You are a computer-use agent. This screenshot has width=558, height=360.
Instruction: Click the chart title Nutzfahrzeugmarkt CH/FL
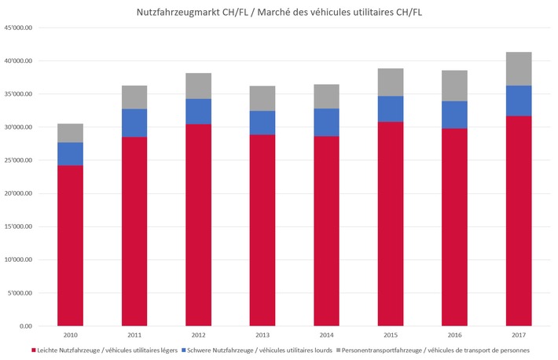280,11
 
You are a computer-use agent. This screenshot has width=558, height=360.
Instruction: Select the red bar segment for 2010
70,245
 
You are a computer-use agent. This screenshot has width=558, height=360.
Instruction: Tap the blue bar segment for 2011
134,123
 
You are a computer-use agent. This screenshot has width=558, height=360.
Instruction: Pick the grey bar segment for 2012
198,86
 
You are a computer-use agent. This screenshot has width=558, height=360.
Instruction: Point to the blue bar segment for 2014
326,122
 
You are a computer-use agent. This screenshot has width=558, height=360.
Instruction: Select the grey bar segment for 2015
391,82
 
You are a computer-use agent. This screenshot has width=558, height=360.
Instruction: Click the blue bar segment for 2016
454,115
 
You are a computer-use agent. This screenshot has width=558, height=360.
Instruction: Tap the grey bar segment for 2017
519,68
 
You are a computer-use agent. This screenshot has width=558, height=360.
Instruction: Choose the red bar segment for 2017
519,221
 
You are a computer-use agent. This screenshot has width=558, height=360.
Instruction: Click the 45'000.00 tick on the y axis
19,28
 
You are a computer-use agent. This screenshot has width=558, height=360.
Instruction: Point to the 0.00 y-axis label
27,326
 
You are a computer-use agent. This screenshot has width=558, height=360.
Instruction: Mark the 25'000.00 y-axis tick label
19,160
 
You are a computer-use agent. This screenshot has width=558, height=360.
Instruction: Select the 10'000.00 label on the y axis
19,260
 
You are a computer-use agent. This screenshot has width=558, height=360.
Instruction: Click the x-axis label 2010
70,335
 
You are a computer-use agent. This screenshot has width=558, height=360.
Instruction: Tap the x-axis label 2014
326,335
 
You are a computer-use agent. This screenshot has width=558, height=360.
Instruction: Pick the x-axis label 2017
519,335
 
